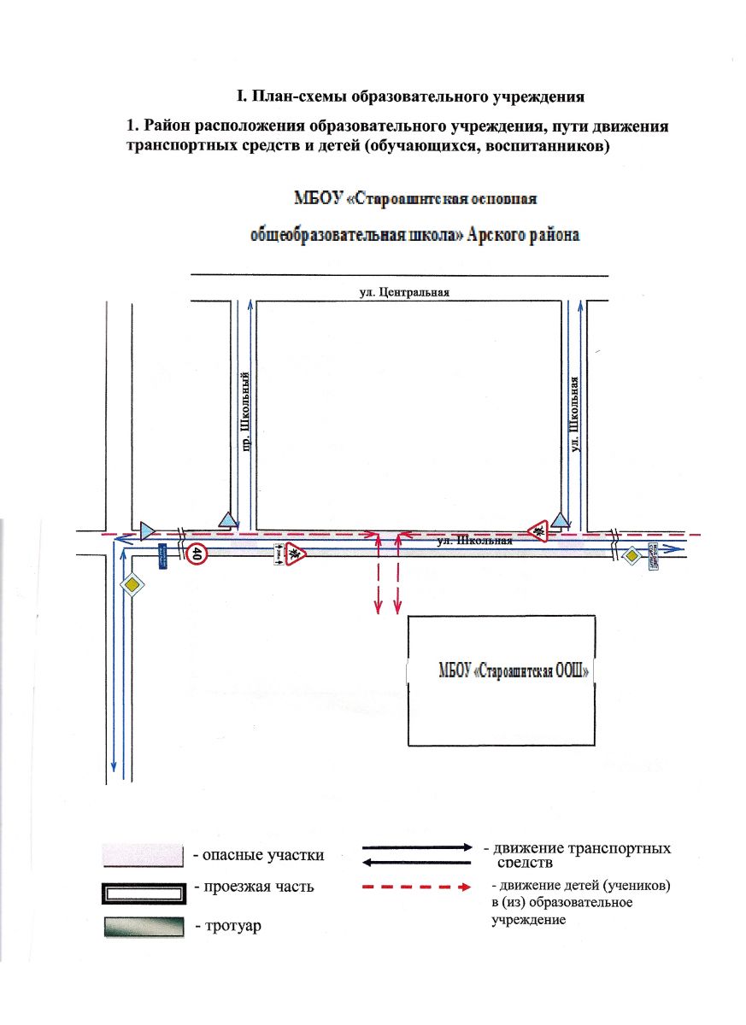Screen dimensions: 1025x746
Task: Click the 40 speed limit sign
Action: (197, 554)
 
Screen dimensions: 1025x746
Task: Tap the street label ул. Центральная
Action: (404, 292)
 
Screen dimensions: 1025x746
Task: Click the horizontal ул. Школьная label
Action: (474, 541)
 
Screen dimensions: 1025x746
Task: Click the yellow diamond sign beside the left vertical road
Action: (132, 586)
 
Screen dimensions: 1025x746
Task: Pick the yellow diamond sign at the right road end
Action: (631, 557)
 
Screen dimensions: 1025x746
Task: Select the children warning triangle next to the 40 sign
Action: (295, 553)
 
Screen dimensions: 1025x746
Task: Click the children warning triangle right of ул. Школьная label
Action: (540, 530)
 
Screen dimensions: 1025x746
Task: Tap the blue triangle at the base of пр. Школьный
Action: (226, 518)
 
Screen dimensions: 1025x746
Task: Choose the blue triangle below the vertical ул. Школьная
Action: (560, 519)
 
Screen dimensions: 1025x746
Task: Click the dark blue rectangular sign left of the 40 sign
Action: (162, 557)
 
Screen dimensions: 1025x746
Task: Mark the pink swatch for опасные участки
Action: (143, 854)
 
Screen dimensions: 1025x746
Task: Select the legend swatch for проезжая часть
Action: (143, 892)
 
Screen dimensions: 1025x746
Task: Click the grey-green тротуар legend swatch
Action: (143, 928)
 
